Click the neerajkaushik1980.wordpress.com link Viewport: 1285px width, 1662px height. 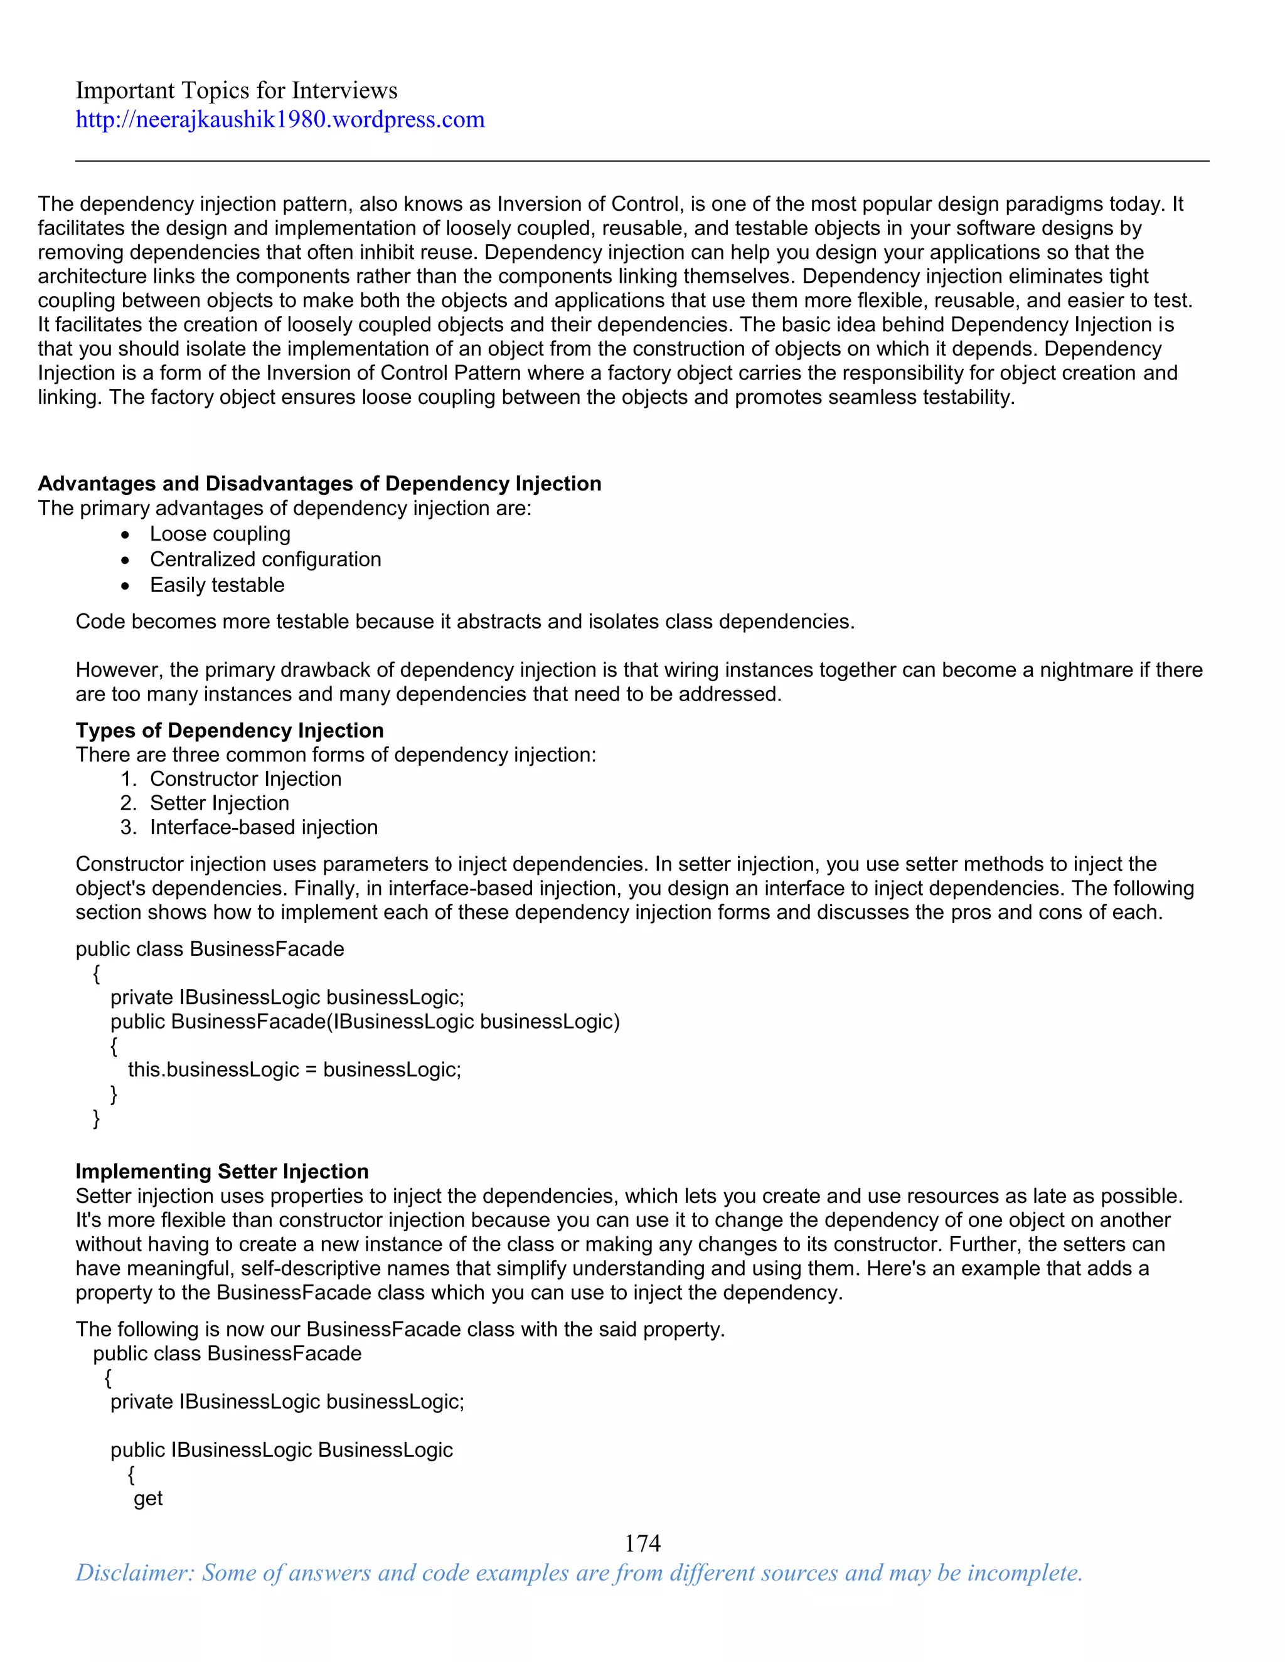(279, 119)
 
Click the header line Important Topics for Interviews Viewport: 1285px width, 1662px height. (236, 90)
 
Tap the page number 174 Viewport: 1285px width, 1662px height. (642, 1543)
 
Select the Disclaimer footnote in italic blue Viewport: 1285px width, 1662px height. (579, 1572)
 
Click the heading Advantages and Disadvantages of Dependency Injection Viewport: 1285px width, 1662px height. (320, 484)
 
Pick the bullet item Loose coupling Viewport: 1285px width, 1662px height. (220, 534)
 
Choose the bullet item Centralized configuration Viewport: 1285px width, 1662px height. (265, 559)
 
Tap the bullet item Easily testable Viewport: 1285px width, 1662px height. (217, 585)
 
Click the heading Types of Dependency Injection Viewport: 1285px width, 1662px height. (229, 731)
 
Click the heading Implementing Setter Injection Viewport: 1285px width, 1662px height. (221, 1171)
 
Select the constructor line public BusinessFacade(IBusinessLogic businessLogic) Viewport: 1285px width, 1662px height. (365, 1022)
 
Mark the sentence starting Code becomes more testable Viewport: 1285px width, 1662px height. (464, 622)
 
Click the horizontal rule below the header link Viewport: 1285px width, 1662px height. (642, 161)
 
